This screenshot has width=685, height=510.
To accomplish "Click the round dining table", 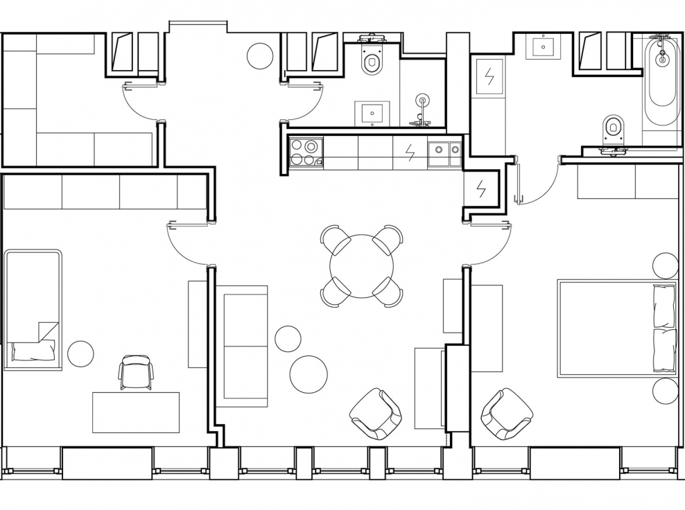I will point(361,266).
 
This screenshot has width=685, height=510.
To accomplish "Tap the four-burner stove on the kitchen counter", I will point(306,152).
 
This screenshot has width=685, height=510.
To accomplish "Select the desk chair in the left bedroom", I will point(135,372).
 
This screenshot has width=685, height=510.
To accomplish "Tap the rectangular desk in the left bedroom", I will point(136,412).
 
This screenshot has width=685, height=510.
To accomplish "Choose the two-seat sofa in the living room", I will point(242,345).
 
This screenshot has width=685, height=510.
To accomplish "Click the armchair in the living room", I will point(376,414).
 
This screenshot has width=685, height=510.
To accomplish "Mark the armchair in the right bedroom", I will point(507,414).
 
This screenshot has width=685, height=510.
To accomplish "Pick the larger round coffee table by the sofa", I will point(309,374).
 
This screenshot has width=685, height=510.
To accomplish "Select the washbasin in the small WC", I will point(372,114).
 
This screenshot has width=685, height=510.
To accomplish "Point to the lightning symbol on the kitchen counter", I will point(410,152).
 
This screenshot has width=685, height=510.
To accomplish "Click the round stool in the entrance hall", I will point(260,55).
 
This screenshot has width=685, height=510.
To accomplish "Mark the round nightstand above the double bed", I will point(666,265).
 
